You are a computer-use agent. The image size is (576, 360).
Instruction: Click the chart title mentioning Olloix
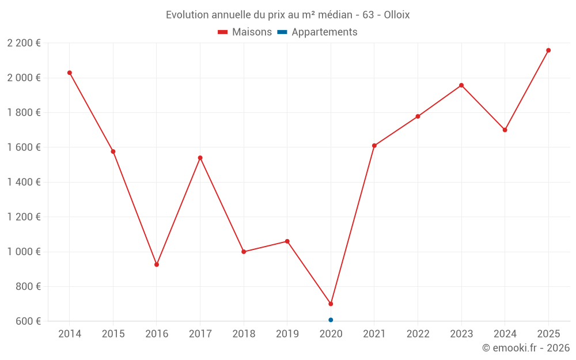tap(287, 15)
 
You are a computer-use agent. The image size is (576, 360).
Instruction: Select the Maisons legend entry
tap(245, 32)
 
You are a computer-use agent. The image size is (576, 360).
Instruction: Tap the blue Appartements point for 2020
tap(331, 320)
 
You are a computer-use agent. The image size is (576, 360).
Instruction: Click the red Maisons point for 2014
tap(70, 73)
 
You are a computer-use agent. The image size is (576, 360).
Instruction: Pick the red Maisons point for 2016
tap(157, 264)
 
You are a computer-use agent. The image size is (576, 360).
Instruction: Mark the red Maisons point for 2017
tap(200, 158)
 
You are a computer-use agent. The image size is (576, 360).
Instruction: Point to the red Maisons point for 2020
tap(331, 304)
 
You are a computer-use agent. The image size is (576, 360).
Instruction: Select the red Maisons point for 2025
tap(548, 50)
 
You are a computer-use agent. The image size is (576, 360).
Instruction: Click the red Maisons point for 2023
tap(461, 85)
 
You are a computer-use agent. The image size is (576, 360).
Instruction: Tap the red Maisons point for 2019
tap(287, 241)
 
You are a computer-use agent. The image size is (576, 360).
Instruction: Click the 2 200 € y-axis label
tap(24, 43)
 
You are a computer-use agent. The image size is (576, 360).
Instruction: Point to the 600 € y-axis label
tap(28, 321)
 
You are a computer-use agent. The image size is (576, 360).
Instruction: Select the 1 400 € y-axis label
tap(24, 182)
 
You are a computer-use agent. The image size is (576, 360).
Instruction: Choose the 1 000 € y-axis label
tap(24, 252)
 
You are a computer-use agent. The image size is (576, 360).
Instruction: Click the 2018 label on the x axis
tap(244, 334)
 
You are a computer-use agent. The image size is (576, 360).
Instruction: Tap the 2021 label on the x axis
tap(374, 334)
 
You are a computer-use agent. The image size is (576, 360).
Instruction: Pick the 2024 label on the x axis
tap(505, 334)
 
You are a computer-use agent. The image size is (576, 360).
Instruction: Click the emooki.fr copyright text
tap(525, 348)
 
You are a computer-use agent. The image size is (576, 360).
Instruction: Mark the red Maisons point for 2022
tap(418, 116)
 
